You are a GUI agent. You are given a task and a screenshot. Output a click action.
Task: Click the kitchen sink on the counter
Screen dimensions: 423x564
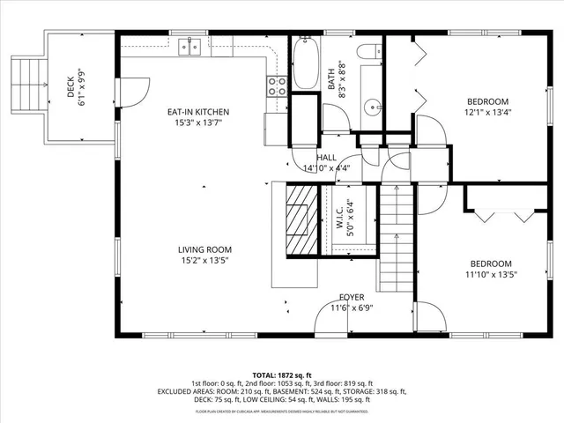[x=190, y=47]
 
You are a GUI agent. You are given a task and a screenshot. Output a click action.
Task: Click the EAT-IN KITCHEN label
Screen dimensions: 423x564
[x=199, y=113]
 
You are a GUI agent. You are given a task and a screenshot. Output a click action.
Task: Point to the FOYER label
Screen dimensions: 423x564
[x=352, y=298]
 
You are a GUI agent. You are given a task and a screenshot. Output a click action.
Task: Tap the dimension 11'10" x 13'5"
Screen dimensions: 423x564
[x=490, y=275]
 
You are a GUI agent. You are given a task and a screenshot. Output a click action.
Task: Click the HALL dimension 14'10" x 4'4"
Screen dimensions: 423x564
[x=326, y=168]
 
